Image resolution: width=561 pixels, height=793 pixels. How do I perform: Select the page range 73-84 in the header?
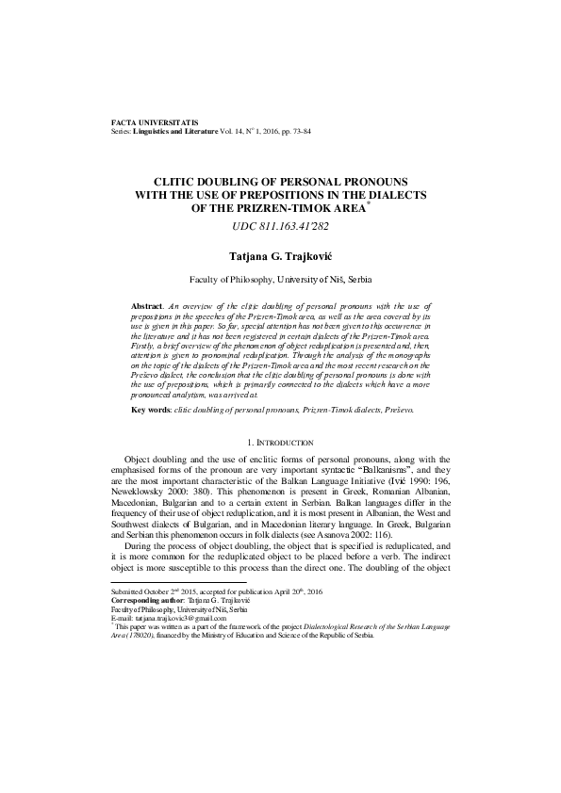click(x=299, y=132)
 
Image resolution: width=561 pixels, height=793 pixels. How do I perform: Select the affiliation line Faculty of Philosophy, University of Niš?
click(x=280, y=280)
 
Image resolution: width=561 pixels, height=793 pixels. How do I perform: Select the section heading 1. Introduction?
click(x=280, y=442)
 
